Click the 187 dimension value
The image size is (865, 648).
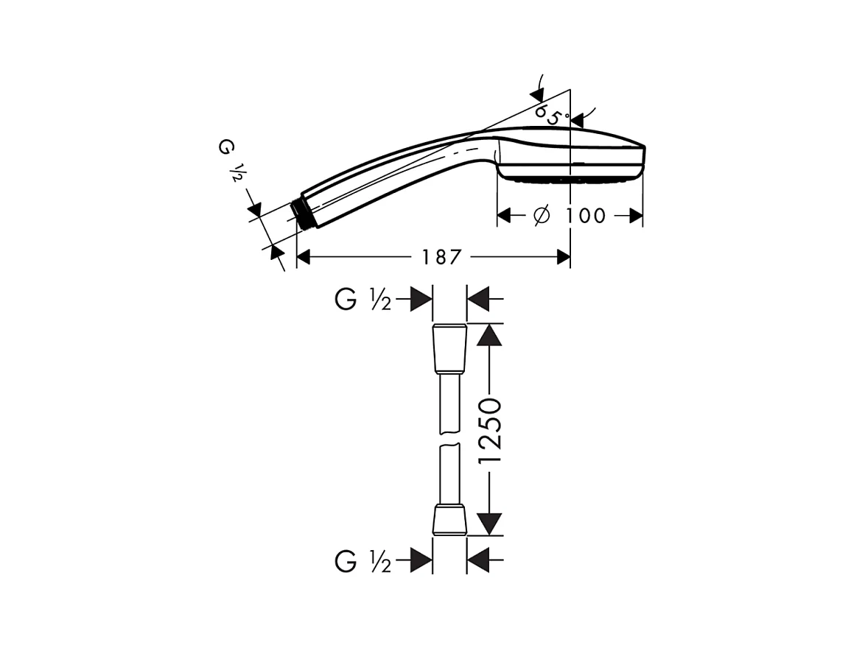tap(441, 257)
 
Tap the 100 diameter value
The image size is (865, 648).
tap(586, 216)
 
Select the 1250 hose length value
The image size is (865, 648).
tap(489, 431)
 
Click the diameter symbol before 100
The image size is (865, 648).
tap(540, 216)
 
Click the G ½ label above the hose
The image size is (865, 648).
tap(363, 300)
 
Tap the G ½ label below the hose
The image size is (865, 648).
tap(363, 563)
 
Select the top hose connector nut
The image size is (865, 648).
tap(449, 348)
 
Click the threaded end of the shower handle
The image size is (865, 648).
tap(301, 213)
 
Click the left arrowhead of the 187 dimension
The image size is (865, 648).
tap(304, 257)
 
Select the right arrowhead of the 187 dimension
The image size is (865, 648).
tap(564, 257)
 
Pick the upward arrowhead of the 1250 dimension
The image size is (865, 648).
tap(489, 335)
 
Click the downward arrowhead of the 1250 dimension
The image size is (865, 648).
tap(489, 524)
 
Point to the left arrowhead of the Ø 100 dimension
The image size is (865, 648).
tap(505, 216)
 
